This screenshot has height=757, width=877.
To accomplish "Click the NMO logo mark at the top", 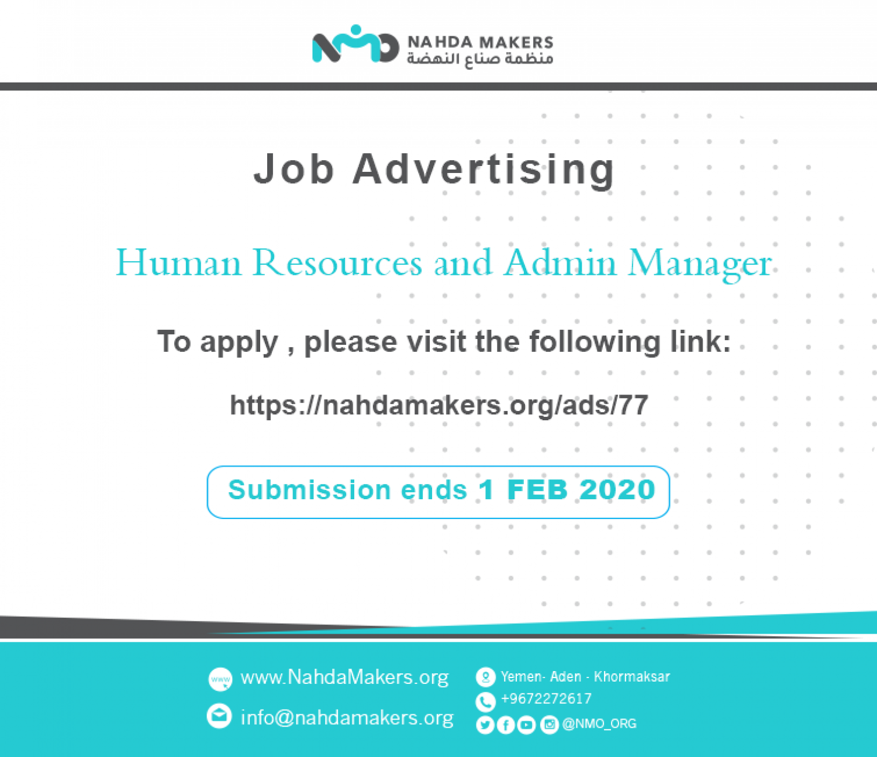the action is (x=355, y=44).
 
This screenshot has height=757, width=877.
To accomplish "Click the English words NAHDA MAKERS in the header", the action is (x=480, y=43).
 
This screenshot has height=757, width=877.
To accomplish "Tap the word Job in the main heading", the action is (x=294, y=170).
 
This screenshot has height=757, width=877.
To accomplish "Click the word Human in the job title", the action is (x=179, y=262).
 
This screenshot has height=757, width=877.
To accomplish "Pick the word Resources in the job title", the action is (x=337, y=262).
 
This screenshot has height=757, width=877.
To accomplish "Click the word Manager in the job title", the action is (x=700, y=265).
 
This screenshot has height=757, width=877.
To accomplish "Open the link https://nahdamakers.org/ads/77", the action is (x=438, y=405).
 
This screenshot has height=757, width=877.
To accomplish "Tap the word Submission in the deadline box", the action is (x=309, y=490).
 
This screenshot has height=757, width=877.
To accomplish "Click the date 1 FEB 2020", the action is (x=567, y=490).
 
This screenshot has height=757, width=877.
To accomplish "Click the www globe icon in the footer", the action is (x=220, y=679).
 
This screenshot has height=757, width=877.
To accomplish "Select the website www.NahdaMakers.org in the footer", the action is (x=344, y=678).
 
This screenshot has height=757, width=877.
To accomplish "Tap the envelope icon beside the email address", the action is (x=219, y=716).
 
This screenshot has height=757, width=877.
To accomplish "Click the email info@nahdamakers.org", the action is (x=347, y=718).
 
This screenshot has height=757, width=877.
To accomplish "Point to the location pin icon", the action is (x=485, y=677).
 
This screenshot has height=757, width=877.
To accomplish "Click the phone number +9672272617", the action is (x=546, y=699).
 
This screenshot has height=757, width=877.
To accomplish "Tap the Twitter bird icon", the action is (x=485, y=725).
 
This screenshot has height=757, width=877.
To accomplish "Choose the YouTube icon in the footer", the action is (x=526, y=725).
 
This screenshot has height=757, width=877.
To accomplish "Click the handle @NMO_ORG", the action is (x=599, y=724).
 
